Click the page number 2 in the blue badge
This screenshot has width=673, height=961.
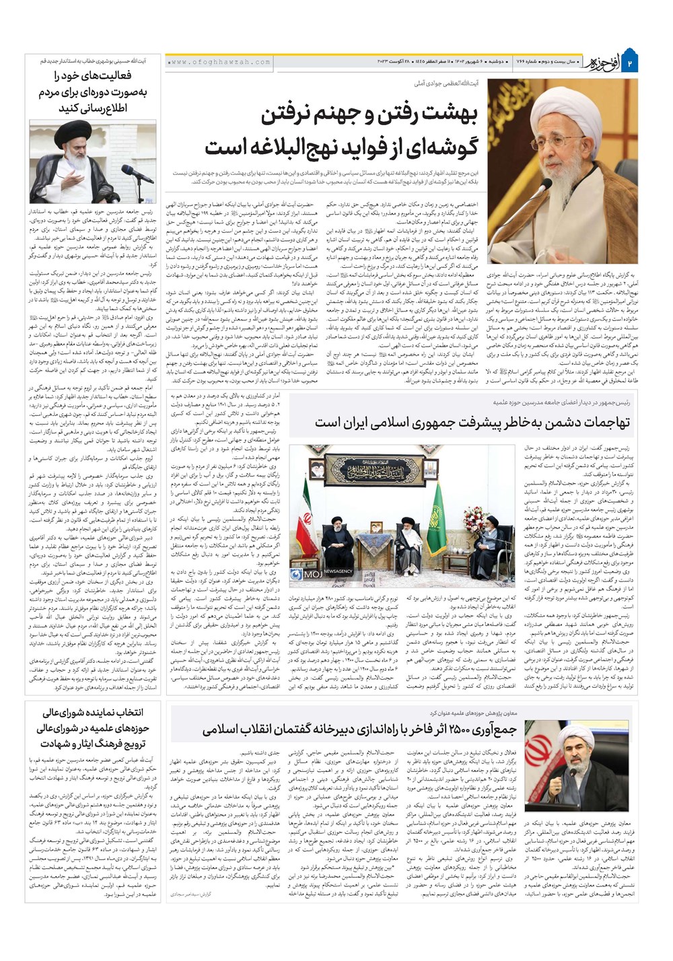click(631, 63)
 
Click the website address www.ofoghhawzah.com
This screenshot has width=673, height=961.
click(220, 62)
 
